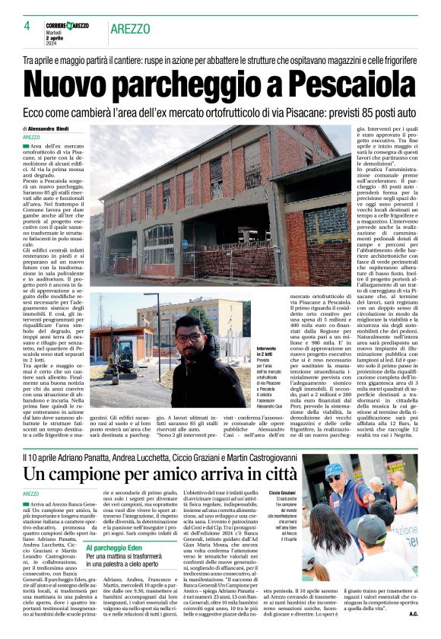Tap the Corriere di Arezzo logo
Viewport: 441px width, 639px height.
pyautogui.click(x=65, y=26)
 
